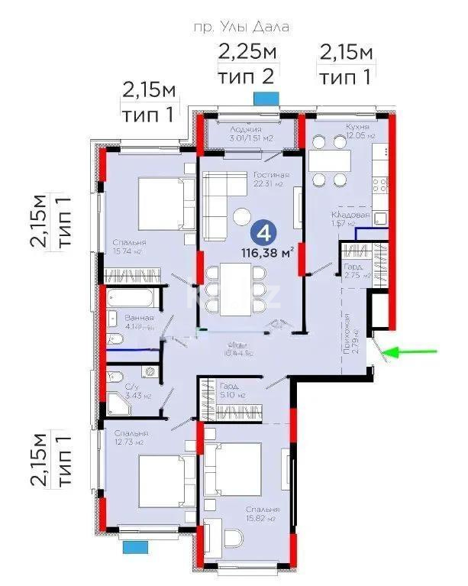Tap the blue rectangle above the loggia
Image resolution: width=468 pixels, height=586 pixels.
tap(266, 98)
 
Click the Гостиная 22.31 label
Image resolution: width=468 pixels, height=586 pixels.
tap(269, 180)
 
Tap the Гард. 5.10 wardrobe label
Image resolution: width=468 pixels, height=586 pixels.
tap(232, 391)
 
